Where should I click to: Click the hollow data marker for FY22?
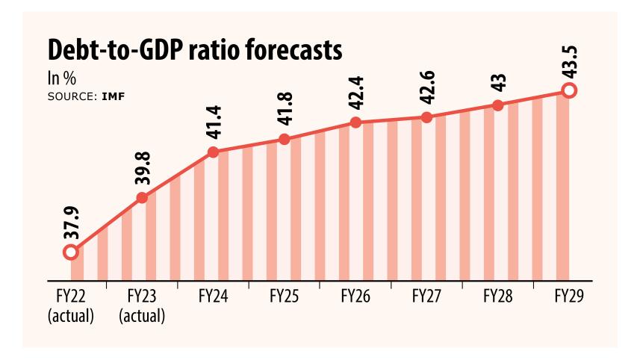71,252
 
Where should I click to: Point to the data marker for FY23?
142,198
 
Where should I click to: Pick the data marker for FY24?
213,152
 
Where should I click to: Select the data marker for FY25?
285,139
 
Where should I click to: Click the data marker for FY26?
355,122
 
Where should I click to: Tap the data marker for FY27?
426,117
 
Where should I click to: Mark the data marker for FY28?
498,105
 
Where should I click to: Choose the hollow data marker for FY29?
569,91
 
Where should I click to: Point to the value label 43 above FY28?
498,82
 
